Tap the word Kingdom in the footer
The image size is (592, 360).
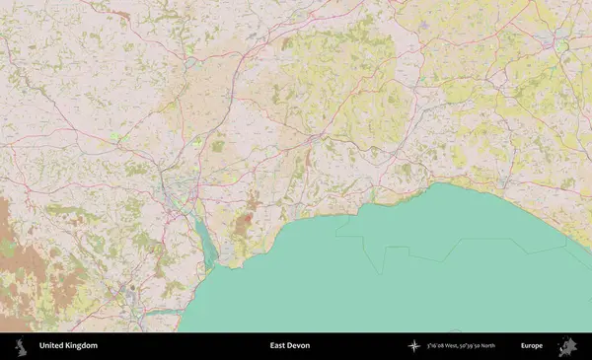click(x=81, y=346)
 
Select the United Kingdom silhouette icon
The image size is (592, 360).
click(x=19, y=346)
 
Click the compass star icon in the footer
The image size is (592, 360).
click(x=413, y=346)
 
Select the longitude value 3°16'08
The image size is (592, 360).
click(x=438, y=346)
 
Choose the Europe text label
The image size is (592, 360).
click(x=532, y=346)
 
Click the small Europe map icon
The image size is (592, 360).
click(x=567, y=346)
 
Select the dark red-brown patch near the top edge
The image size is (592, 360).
click(x=119, y=15)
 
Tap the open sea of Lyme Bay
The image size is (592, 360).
click(x=414, y=286)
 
